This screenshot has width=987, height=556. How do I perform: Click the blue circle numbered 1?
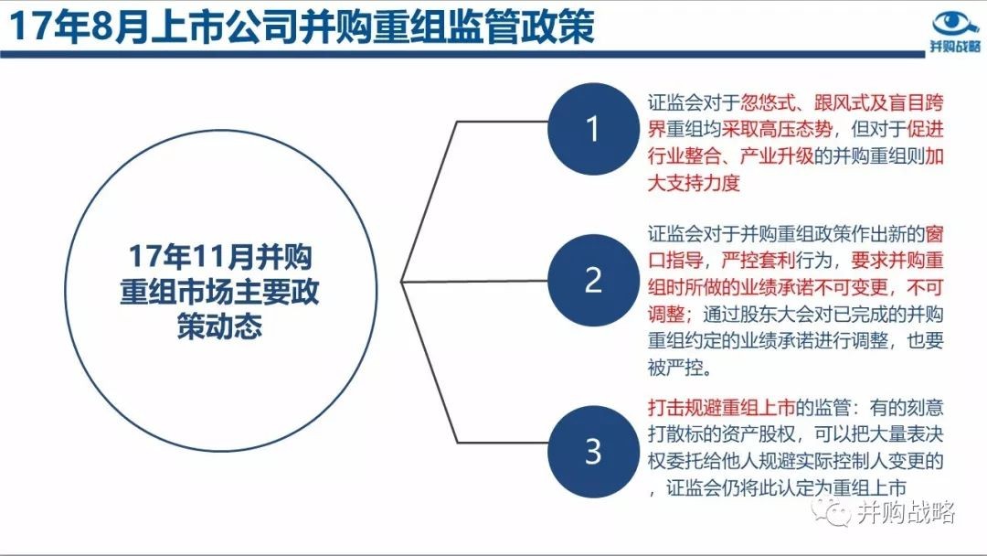tap(593, 128)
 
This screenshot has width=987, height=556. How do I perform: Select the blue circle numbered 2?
tap(593, 280)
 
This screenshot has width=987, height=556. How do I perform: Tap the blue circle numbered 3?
tap(593, 451)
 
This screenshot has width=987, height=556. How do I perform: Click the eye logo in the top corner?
tap(956, 24)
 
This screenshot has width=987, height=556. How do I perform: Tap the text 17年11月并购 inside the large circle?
tap(220, 256)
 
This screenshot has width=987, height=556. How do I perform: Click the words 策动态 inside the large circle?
tap(219, 326)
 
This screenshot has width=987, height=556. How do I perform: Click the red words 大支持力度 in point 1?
tap(694, 183)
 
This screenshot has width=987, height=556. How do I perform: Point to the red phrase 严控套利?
tap(758, 261)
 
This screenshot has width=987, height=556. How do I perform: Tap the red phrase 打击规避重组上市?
tap(721, 407)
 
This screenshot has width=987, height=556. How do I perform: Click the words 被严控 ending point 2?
tap(674, 367)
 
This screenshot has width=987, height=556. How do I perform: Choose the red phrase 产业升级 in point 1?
tap(777, 155)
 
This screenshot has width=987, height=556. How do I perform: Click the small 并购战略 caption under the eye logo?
tap(955, 47)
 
